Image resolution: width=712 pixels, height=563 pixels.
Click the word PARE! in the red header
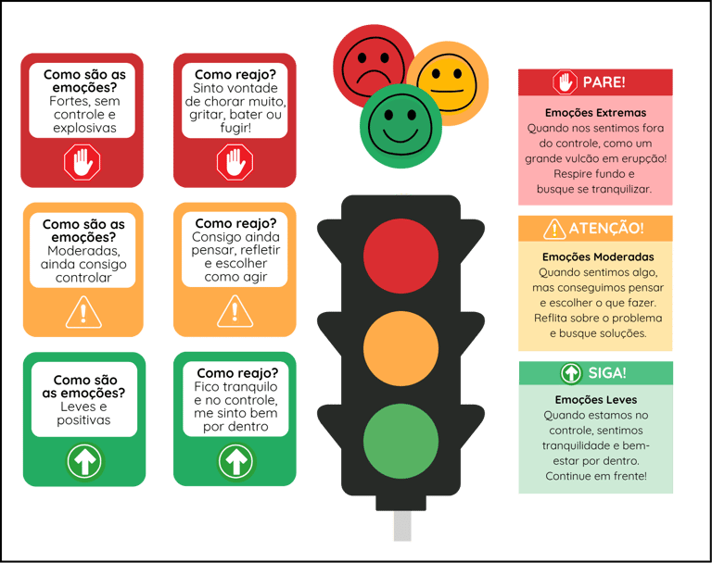pyautogui.click(x=604, y=82)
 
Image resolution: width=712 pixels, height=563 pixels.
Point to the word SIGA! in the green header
pyautogui.click(x=607, y=373)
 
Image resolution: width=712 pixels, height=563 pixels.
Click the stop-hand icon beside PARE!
pyautogui.click(x=565, y=82)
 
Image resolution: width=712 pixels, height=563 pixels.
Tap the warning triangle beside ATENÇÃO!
pyautogui.click(x=553, y=228)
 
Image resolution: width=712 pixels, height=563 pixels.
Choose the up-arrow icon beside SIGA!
pyautogui.click(x=571, y=373)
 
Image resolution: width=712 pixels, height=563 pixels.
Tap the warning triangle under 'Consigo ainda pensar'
pyautogui.click(x=235, y=311)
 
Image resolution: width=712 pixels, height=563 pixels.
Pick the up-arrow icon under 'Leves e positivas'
pyautogui.click(x=84, y=460)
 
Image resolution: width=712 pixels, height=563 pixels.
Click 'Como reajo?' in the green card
pyautogui.click(x=236, y=373)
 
